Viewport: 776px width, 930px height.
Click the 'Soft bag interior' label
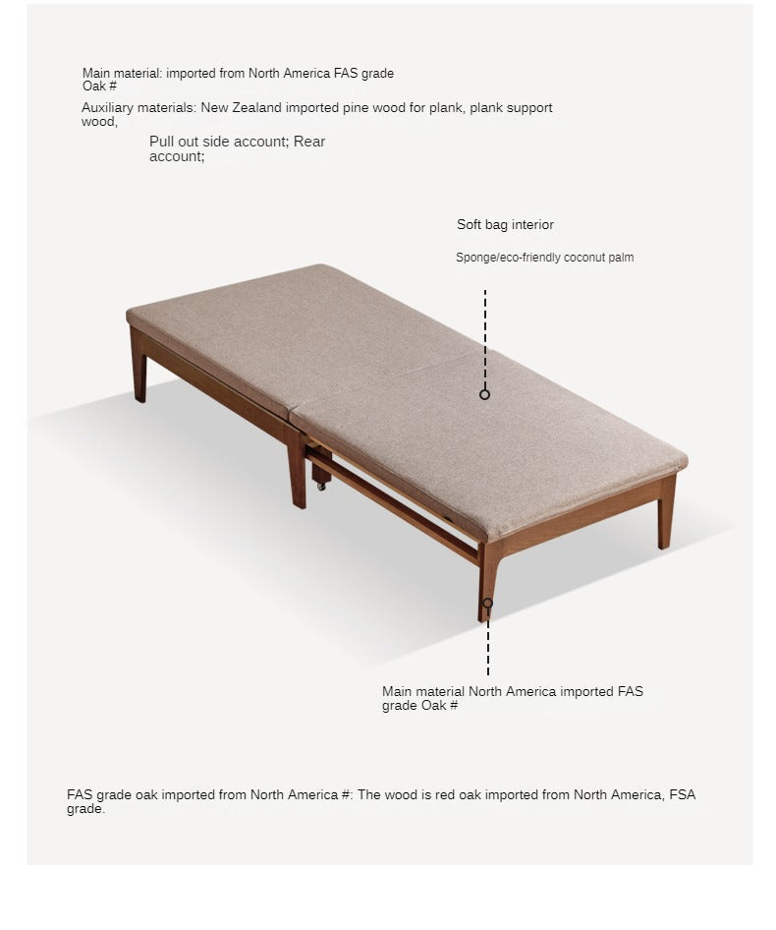pos(505,225)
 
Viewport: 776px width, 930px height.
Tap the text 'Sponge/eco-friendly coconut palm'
pos(544,258)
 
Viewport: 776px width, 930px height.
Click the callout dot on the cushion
pos(484,394)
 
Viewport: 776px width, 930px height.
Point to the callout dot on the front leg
pos(487,603)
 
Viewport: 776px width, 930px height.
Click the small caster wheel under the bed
pos(321,485)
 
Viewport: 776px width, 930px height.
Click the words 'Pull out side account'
pos(218,142)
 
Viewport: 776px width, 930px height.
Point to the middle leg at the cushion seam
pos(298,472)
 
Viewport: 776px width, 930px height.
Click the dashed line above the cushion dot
pos(484,334)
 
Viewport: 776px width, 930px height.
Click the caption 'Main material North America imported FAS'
pos(512,692)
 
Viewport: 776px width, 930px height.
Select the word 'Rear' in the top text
pos(309,142)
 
